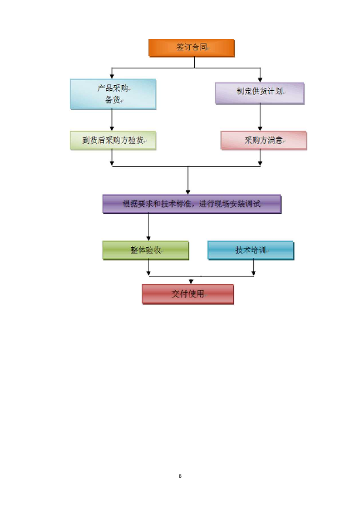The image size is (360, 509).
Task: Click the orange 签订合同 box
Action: point(191,48)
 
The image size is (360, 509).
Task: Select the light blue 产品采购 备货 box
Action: point(113,94)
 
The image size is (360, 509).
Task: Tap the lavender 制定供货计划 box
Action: point(260,93)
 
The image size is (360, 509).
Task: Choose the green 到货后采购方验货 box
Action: point(113,141)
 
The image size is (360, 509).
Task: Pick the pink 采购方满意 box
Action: point(263,141)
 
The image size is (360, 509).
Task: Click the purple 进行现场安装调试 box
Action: point(192,204)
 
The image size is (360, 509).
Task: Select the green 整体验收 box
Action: point(146,250)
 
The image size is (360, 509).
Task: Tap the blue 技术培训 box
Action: point(251,250)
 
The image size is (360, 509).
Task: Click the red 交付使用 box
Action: point(187,294)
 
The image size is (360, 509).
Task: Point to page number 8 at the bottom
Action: point(180,476)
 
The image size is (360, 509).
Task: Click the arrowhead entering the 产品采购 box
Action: point(112,76)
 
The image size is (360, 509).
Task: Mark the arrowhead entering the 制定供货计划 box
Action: point(260,79)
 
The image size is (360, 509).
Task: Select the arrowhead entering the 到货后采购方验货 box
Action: point(112,128)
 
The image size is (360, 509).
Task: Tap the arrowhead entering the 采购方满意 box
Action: point(260,128)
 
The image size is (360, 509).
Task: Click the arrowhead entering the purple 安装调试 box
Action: point(188,192)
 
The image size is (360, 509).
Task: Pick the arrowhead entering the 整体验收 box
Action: point(148,238)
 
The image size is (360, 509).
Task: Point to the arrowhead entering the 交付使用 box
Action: point(192,281)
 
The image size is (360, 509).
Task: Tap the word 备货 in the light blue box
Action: point(112,100)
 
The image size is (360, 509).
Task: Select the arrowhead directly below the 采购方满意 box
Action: point(260,162)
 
